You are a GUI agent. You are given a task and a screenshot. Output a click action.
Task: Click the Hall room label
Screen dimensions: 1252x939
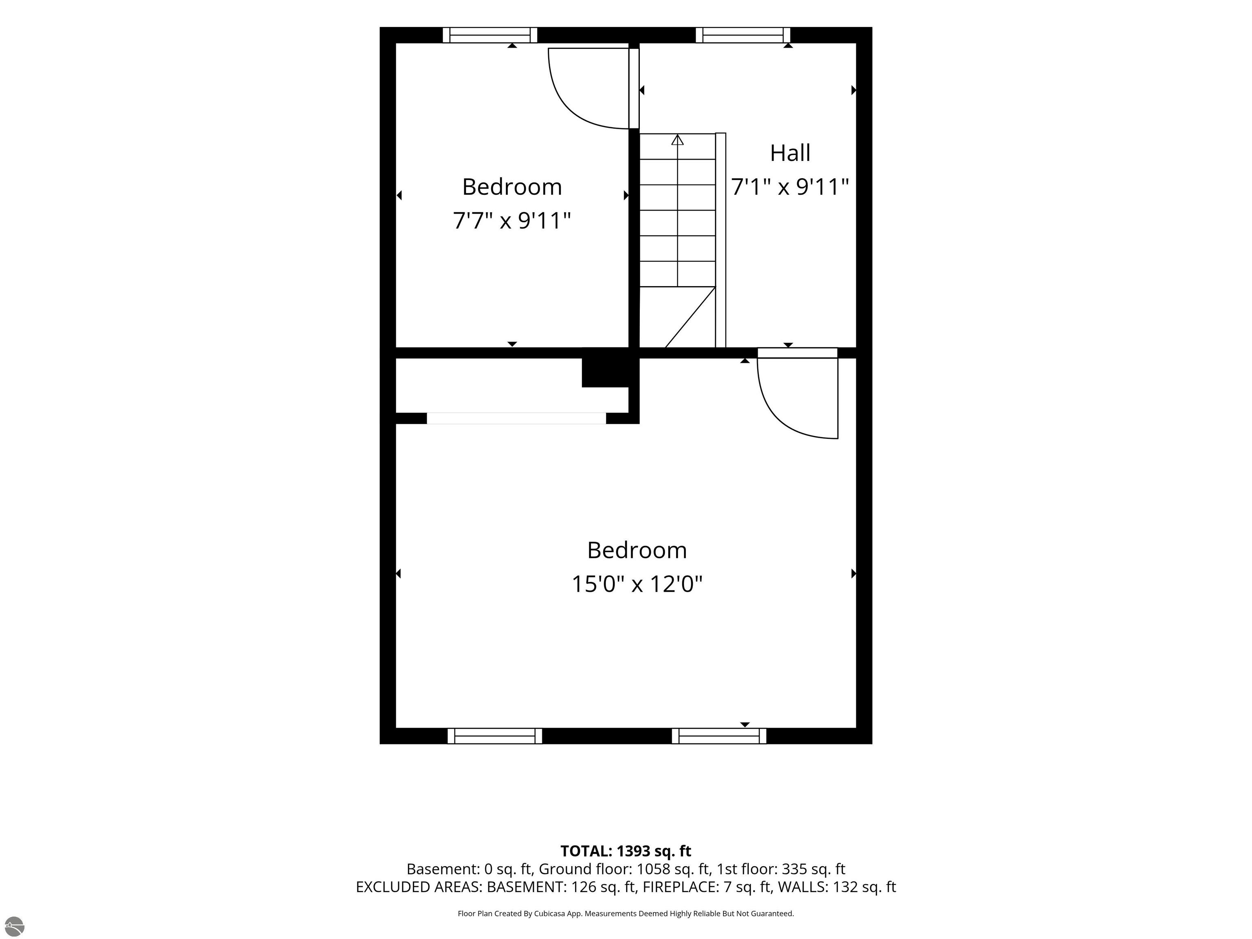(790, 153)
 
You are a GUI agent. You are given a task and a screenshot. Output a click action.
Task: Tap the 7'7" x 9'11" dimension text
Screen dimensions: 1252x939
(511, 220)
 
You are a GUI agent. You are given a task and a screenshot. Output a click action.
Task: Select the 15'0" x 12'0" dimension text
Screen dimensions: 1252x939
(637, 584)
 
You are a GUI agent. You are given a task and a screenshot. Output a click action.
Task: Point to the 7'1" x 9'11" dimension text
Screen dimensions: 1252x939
(790, 187)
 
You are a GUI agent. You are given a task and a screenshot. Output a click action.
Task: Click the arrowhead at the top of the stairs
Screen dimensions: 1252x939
(677, 139)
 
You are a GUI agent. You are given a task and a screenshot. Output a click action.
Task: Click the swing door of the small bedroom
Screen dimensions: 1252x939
(589, 88)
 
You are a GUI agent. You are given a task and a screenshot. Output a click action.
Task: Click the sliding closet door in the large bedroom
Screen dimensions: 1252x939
(516, 418)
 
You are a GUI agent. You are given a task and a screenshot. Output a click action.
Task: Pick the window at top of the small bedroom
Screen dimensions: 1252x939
(489, 35)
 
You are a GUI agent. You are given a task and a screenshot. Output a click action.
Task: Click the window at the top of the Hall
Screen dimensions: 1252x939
(743, 35)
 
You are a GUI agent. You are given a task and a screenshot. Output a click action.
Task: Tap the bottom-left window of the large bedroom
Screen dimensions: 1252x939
(495, 736)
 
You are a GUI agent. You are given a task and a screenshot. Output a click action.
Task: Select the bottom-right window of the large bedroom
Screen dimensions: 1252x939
(719, 736)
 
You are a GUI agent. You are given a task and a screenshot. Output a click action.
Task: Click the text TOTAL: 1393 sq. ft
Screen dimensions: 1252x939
(626, 851)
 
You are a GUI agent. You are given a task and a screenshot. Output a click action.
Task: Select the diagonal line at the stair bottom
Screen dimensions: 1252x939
(690, 317)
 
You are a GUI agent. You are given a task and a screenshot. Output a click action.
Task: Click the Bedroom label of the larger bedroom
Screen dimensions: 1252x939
(637, 550)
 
